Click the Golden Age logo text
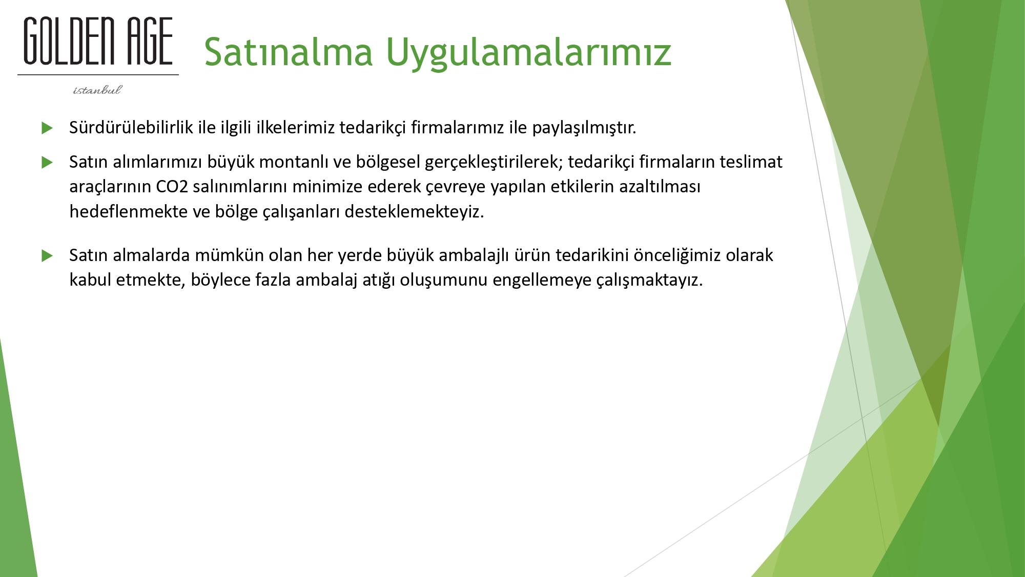point(98,41)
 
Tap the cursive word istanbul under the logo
point(97,90)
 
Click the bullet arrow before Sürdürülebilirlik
point(47,128)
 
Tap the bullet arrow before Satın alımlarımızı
point(47,163)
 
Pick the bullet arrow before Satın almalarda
point(47,255)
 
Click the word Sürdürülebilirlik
point(131,127)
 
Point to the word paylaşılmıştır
point(584,128)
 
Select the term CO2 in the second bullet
point(172,187)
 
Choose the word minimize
point(327,186)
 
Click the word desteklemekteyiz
point(414,211)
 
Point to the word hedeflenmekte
point(129,211)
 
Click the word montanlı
point(294,162)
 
